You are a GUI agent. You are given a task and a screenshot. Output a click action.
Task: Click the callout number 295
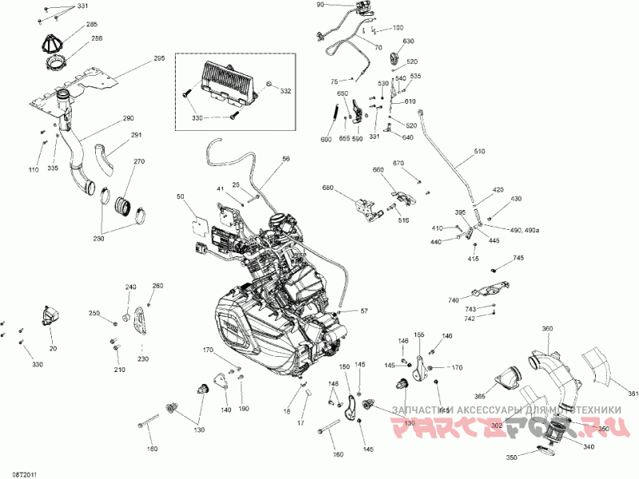point(158,58)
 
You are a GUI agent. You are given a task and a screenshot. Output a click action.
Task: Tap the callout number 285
point(93,25)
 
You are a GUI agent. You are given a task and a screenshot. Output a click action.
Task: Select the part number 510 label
point(479,152)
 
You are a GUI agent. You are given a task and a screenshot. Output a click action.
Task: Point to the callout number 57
point(364,311)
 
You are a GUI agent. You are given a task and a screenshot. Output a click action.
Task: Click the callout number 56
point(286,160)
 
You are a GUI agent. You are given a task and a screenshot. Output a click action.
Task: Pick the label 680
point(327,188)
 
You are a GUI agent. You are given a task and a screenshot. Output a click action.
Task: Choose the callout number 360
point(547,329)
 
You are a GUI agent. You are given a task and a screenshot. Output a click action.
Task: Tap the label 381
point(633,394)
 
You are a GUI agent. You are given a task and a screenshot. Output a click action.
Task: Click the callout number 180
point(153,448)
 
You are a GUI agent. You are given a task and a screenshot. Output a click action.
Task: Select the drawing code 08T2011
point(25,473)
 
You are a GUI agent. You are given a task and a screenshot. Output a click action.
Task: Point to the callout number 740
point(454,300)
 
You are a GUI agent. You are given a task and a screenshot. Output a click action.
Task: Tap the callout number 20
point(54,348)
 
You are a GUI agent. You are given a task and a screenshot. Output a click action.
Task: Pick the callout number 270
point(139,162)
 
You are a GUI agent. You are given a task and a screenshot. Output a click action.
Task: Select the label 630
point(408,41)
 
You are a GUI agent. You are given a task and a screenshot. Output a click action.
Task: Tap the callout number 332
point(286,91)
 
